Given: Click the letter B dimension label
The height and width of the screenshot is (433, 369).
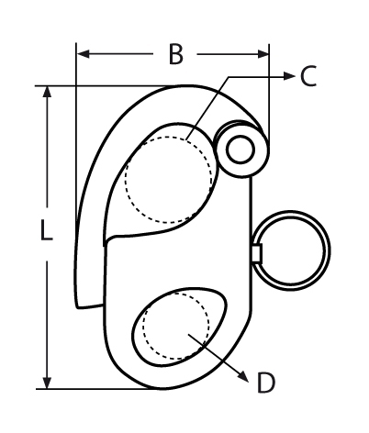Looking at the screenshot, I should pos(174,55).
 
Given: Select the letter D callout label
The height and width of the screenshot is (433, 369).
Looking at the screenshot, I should pos(265,383).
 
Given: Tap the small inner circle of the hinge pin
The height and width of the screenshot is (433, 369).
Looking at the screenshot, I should pos(242,148).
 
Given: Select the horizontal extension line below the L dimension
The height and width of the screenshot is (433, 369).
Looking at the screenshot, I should pos(101,389).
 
